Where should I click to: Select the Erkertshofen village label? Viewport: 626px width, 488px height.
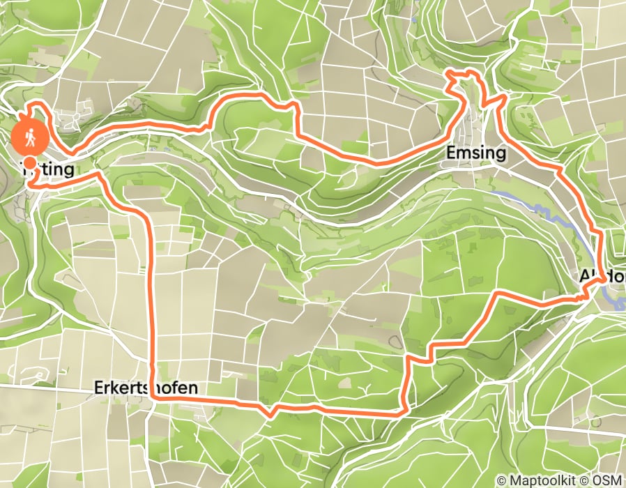click(x=147, y=388)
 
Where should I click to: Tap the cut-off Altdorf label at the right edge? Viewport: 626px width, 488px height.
click(x=602, y=276)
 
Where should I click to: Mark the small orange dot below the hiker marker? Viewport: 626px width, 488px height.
click(x=30, y=161)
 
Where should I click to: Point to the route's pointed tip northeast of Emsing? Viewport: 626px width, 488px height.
click(x=501, y=98)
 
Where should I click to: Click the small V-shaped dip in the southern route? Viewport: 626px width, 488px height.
click(x=271, y=413)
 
